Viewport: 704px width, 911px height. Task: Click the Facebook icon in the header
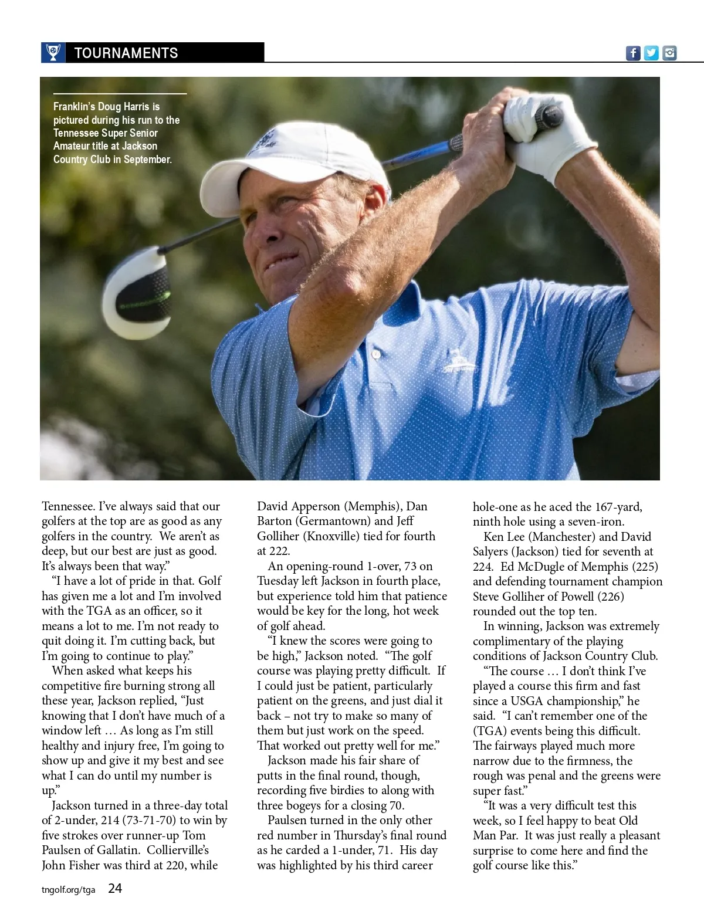[x=633, y=53]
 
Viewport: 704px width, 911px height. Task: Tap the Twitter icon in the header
[x=651, y=53]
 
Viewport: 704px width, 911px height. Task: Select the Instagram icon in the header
[x=669, y=53]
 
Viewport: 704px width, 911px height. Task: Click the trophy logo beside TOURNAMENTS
[x=53, y=53]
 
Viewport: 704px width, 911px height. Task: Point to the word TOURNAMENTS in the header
[x=126, y=53]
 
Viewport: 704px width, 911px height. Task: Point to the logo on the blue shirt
[x=459, y=360]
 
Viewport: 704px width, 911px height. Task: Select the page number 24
[x=115, y=889]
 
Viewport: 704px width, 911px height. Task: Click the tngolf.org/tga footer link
[x=68, y=890]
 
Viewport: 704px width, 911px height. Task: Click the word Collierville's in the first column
[x=178, y=850]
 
